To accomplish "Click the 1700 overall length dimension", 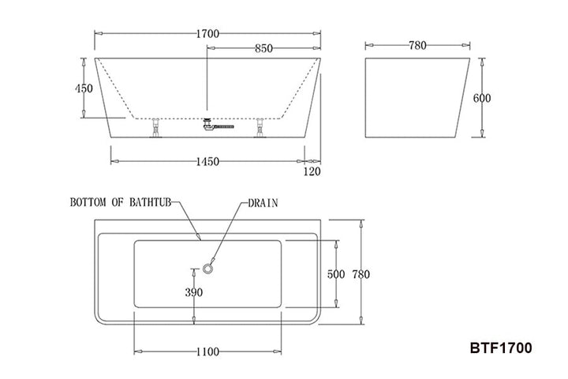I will click(x=207, y=33).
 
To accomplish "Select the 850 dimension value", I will click(x=263, y=48).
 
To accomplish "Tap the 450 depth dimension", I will click(x=84, y=88).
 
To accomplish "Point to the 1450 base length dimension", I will click(x=207, y=162).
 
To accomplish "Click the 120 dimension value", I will click(x=313, y=170).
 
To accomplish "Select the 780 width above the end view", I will click(x=419, y=46).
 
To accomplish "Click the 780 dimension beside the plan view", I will click(x=361, y=274).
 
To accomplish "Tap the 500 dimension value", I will click(x=336, y=274).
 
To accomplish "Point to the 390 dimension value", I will click(x=194, y=292).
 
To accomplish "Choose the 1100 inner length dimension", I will click(x=207, y=352).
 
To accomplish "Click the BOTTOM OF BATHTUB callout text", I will click(x=120, y=202).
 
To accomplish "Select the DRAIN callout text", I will click(x=262, y=202).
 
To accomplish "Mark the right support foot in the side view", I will click(x=259, y=126).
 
